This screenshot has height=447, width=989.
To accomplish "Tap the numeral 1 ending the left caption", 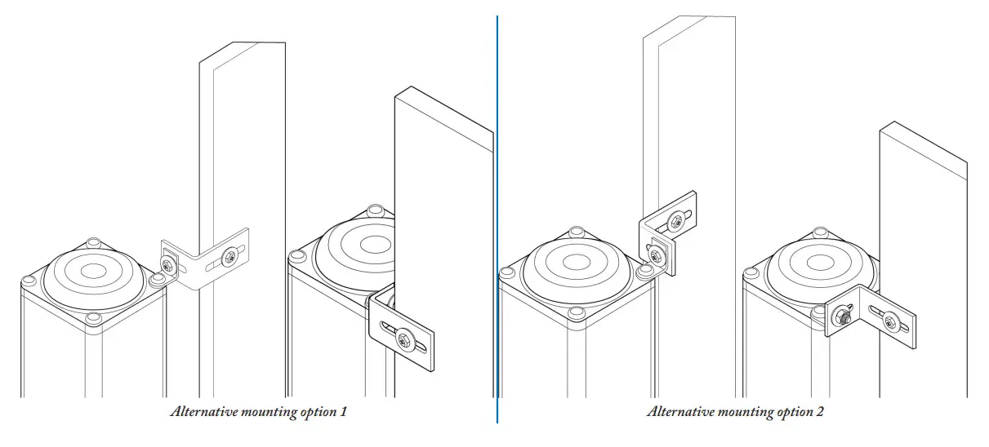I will click(x=344, y=412).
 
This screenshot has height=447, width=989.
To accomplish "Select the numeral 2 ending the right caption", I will click(x=820, y=412).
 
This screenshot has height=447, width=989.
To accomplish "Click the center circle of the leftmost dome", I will click(x=91, y=271).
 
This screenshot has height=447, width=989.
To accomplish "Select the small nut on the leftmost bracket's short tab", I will click(x=168, y=263).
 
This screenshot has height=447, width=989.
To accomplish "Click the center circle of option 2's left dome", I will click(x=577, y=262).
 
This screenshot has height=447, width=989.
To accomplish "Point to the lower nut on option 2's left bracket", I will click(x=655, y=256).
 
